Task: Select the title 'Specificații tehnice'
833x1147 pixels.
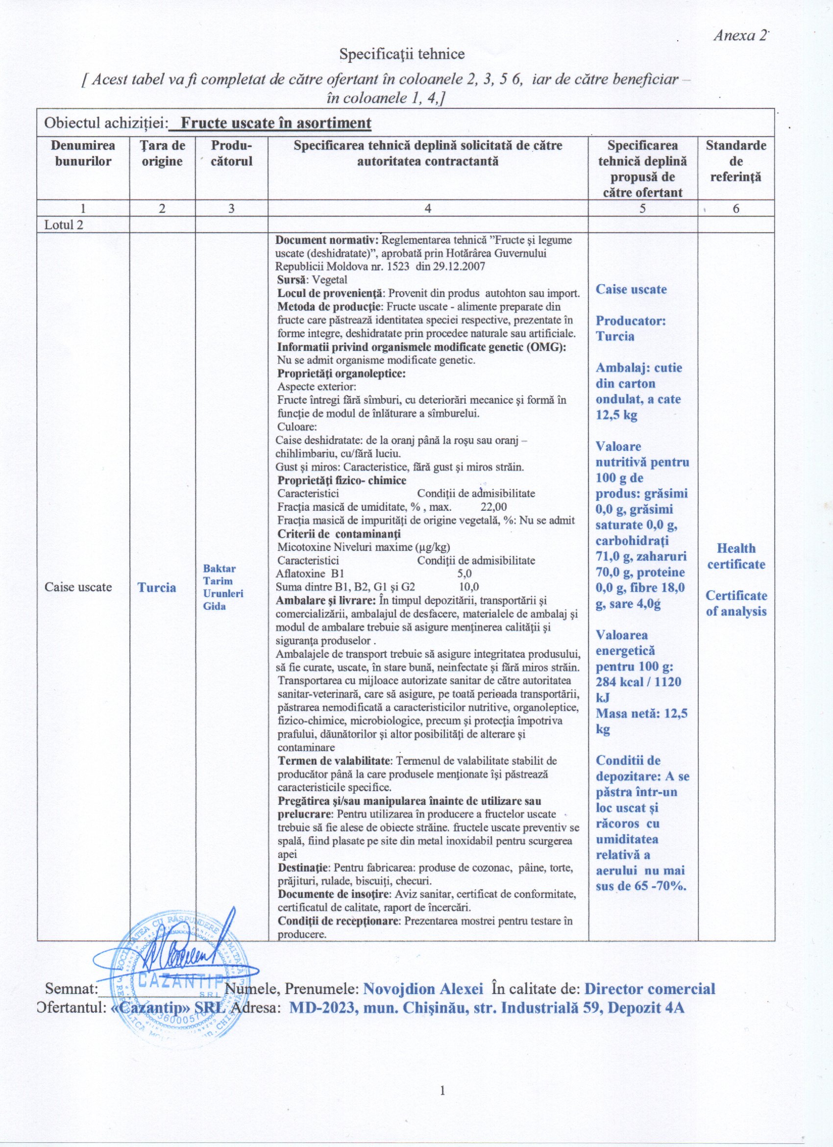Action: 402,54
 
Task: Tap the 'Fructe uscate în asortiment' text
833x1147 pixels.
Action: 275,123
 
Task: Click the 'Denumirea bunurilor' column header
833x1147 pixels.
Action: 83,153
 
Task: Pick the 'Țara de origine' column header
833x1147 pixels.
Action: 162,153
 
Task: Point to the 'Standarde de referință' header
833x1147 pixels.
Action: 735,161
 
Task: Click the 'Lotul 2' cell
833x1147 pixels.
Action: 64,224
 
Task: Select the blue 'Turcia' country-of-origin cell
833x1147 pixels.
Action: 157,587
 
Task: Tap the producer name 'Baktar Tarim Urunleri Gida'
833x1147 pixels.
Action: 223,587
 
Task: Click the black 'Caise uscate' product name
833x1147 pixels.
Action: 78,587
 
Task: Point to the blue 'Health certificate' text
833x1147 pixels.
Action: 736,556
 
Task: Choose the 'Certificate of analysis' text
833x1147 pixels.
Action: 736,603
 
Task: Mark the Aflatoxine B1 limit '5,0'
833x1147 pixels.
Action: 464,573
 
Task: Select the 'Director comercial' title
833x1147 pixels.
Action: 650,989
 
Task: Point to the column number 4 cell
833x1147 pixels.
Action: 428,208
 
